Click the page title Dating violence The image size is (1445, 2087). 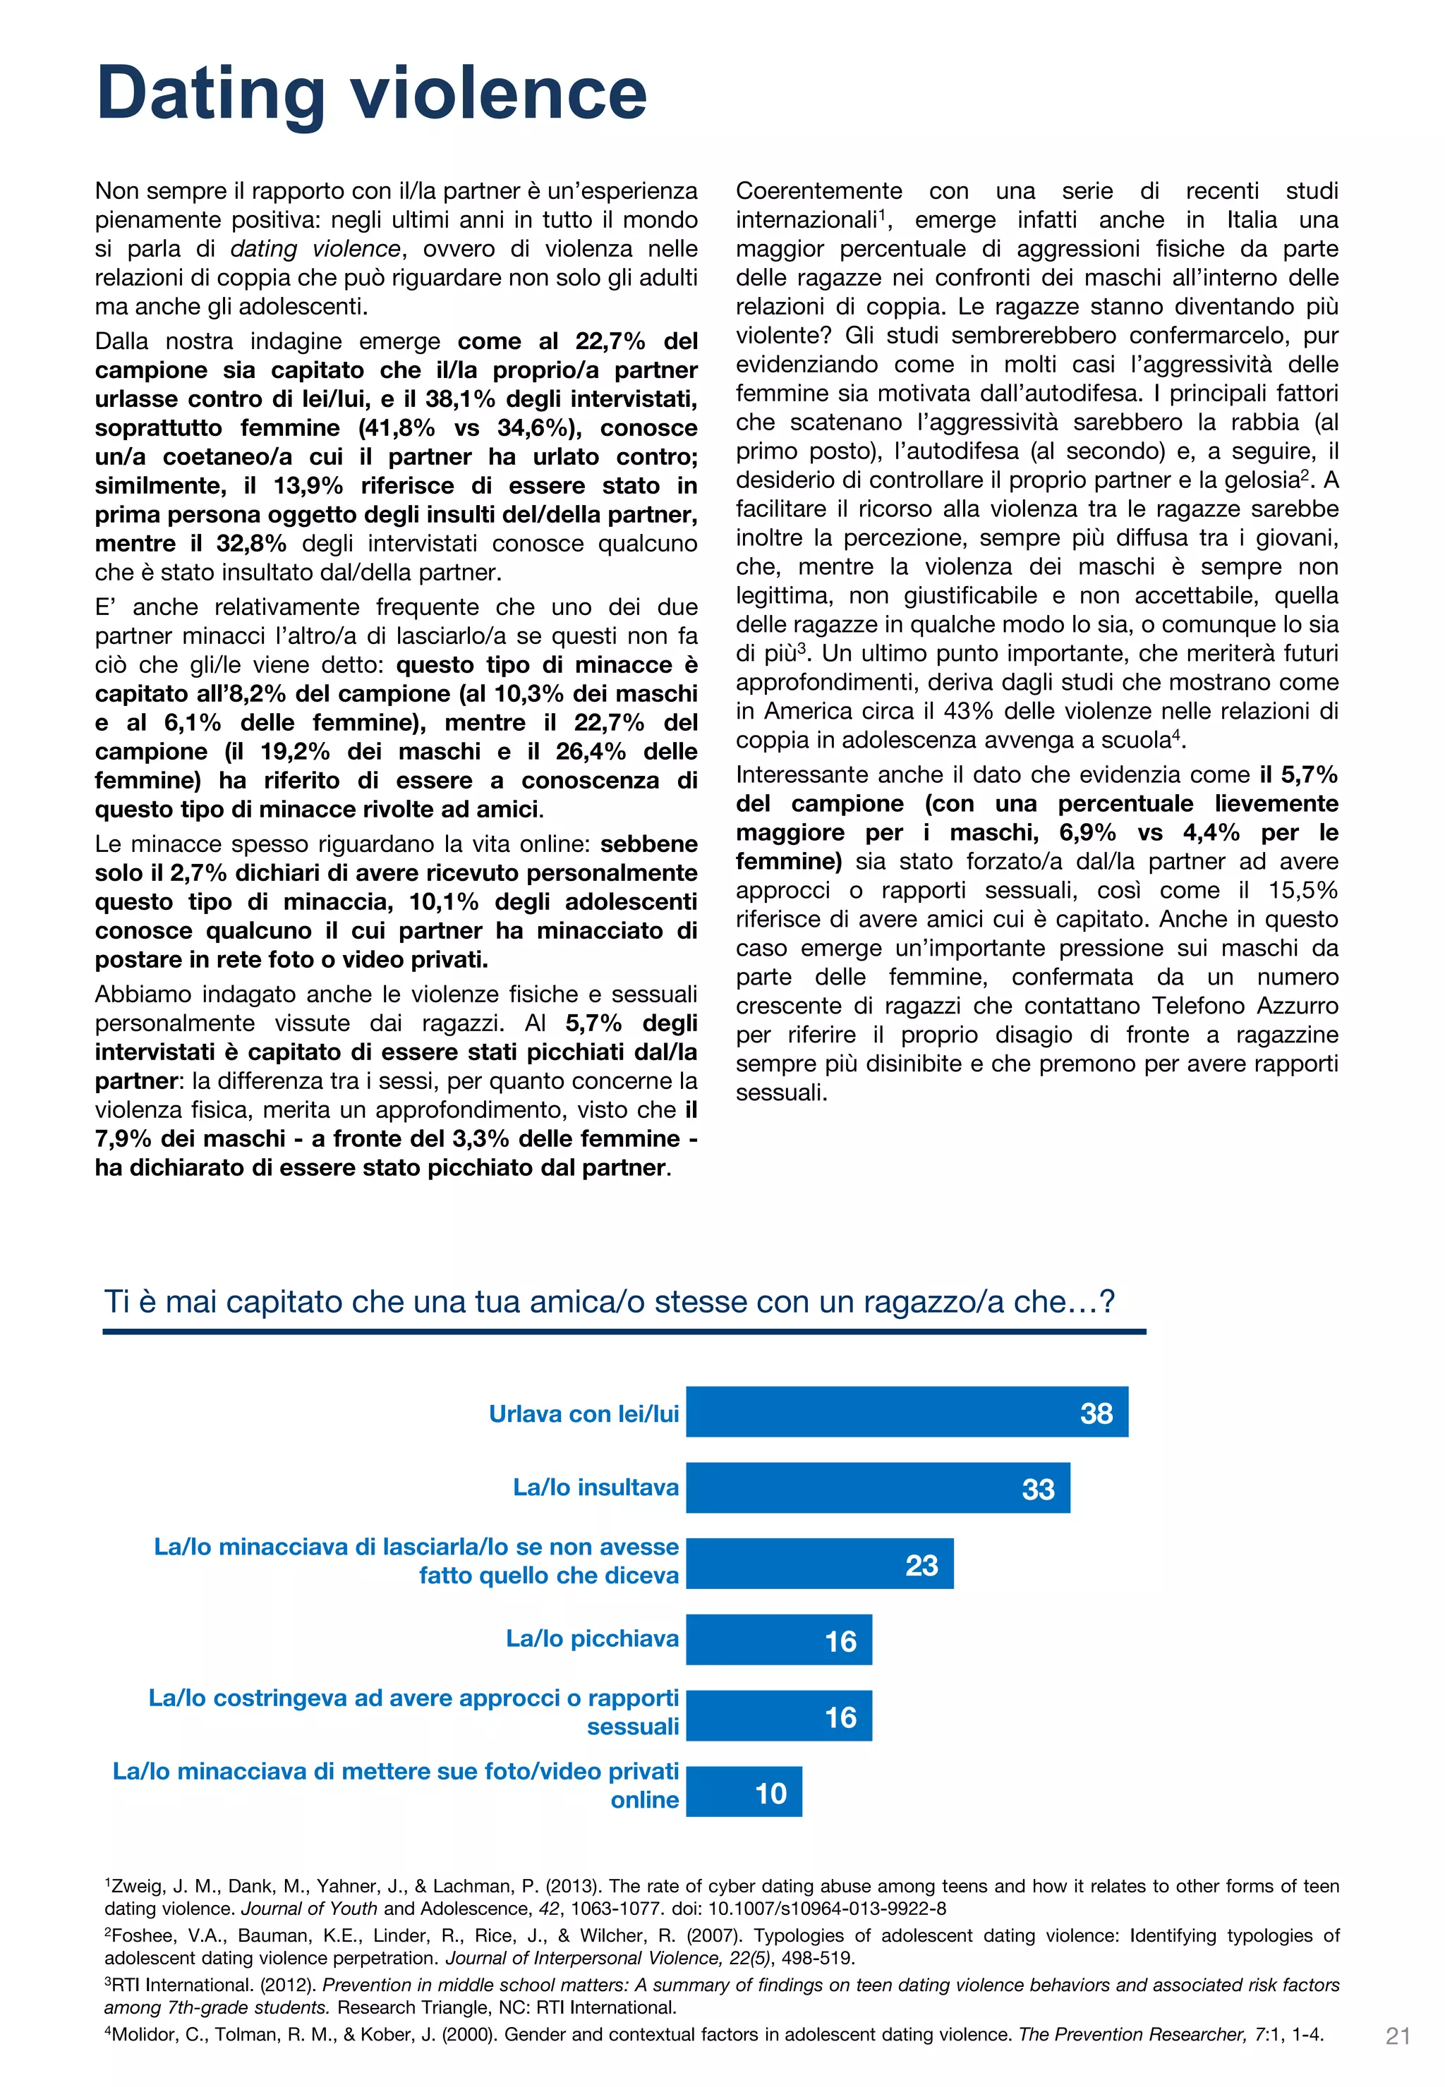pos(371,94)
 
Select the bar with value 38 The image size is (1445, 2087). pos(906,1412)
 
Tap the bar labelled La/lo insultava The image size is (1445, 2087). pos(876,1488)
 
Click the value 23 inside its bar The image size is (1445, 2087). pos(921,1566)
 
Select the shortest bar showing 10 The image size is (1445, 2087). pos(744,1792)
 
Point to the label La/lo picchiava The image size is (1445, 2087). pos(591,1639)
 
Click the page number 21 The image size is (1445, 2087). pos(1397,2036)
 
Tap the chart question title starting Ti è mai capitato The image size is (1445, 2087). pos(608,1301)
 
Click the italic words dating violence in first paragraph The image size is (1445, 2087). pos(315,249)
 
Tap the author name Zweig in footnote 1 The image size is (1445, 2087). pos(133,1887)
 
